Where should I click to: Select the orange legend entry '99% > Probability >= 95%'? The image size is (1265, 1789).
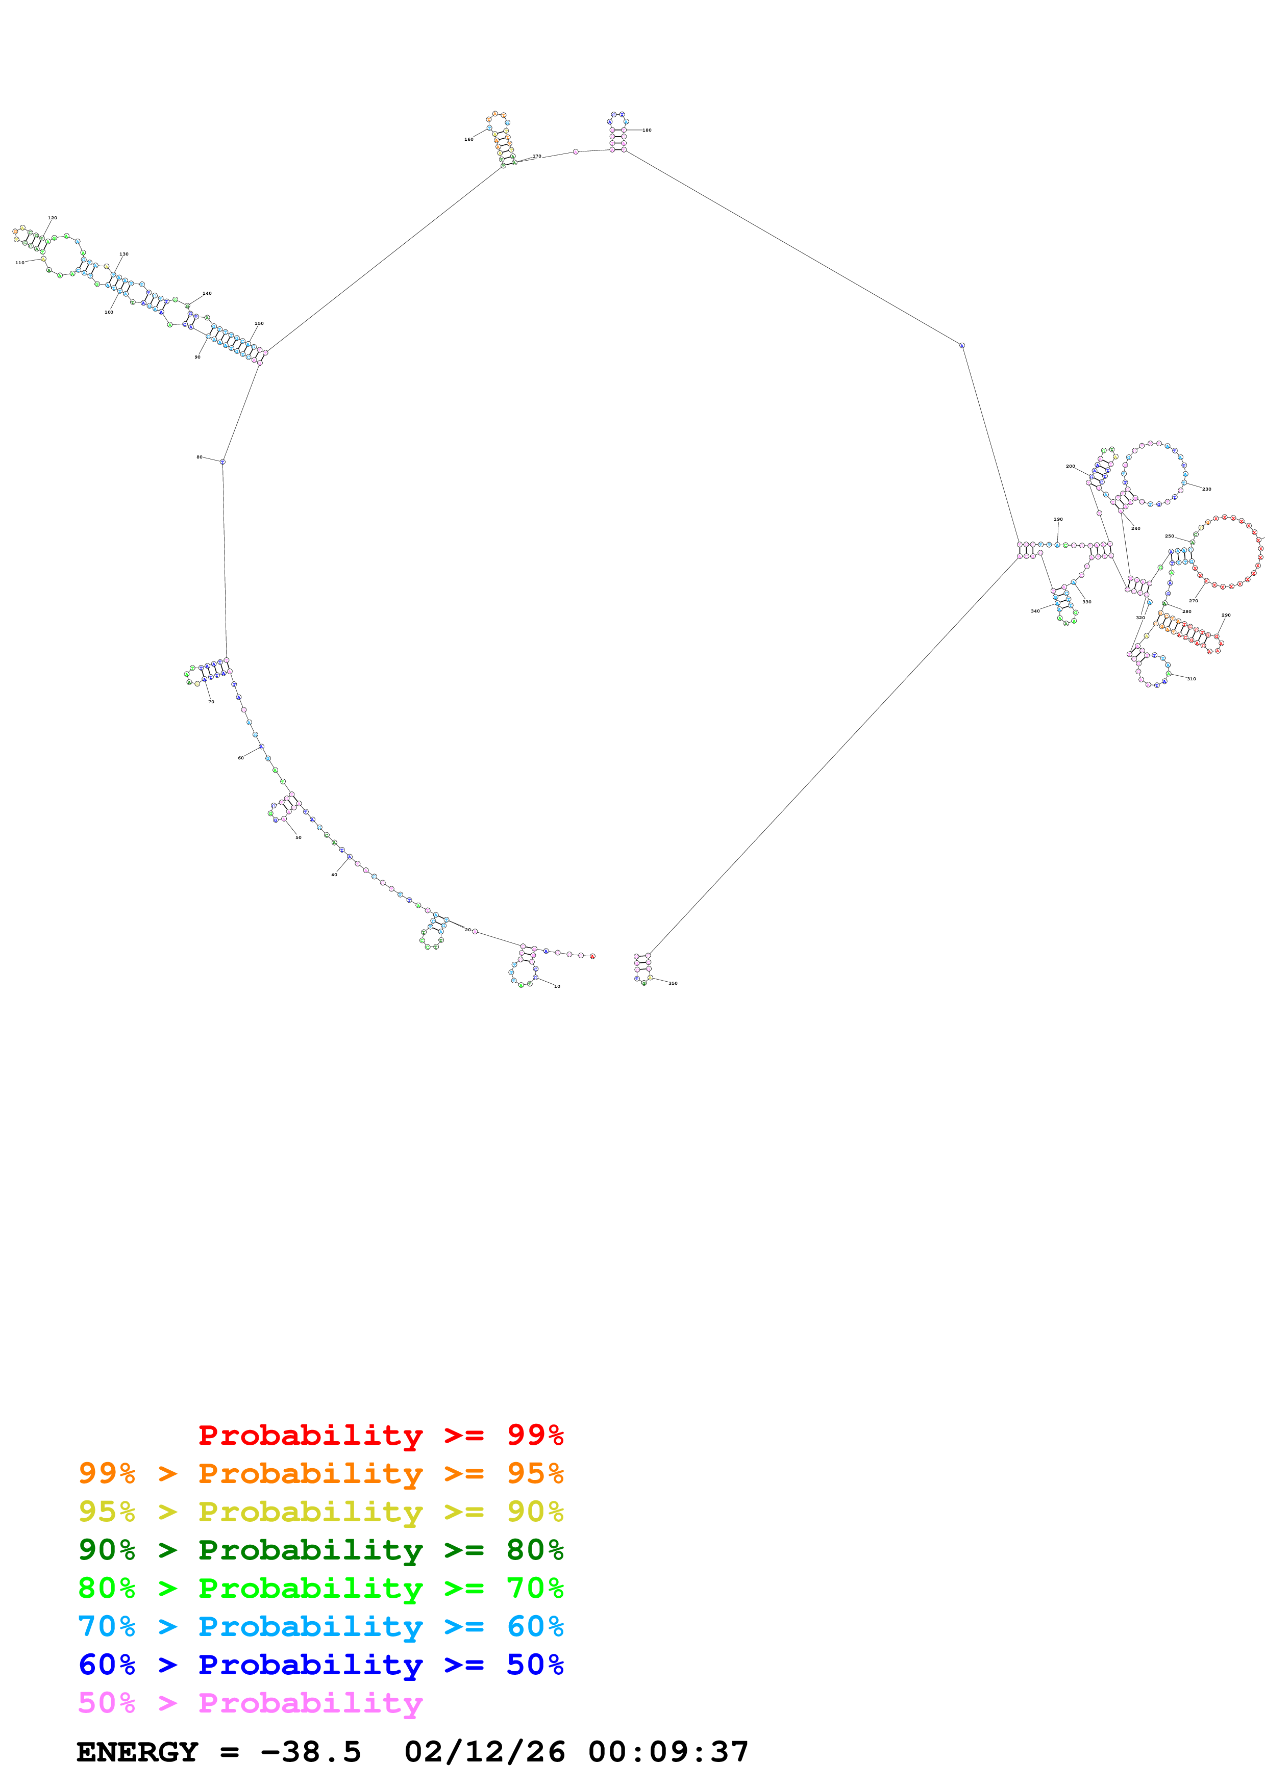pos(320,1473)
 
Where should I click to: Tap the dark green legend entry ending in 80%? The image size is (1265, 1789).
pos(320,1550)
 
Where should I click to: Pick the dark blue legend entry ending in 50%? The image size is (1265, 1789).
pos(320,1665)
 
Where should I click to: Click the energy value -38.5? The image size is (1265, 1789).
pos(310,1752)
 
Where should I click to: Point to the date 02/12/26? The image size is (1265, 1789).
pos(484,1752)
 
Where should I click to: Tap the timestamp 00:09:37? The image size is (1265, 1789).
pos(668,1752)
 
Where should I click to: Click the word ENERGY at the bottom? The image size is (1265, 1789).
pos(137,1752)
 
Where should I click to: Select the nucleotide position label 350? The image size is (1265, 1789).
pos(673,983)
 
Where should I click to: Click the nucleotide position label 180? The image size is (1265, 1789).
pos(647,130)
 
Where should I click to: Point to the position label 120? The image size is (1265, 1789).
pos(52,218)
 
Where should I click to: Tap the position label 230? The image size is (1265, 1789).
pos(1206,490)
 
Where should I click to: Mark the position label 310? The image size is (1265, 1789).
pos(1191,679)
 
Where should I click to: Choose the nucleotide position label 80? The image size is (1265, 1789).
pos(200,457)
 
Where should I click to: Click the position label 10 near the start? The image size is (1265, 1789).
pos(557,986)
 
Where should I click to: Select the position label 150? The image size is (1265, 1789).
pos(259,323)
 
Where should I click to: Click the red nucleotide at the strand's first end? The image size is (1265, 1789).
pos(592,956)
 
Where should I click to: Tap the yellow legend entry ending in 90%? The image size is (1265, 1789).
pos(320,1512)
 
